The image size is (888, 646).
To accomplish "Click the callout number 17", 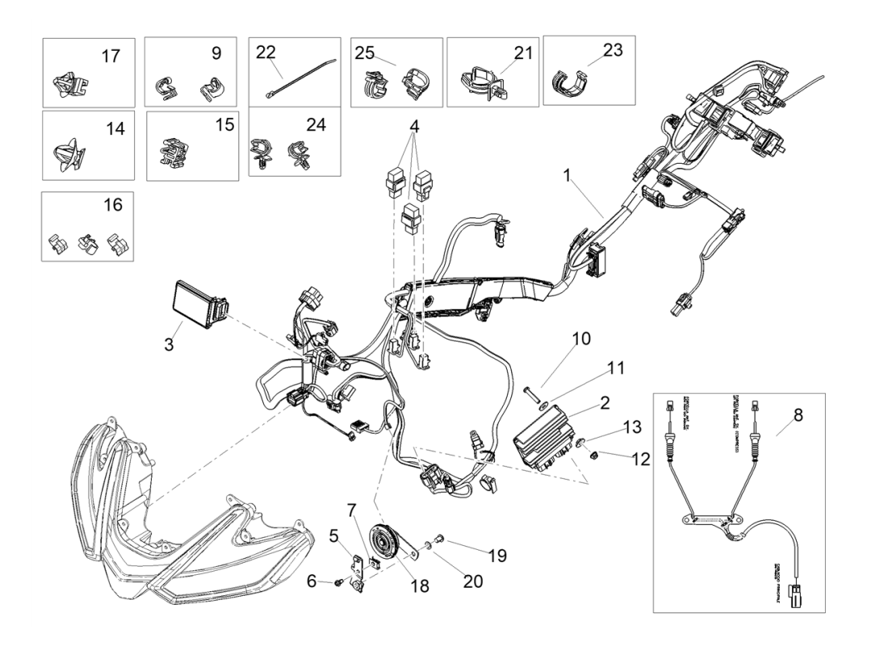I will tap(110, 56).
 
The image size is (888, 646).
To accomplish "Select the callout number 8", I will tap(798, 416).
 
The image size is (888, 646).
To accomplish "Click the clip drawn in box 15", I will tap(174, 155).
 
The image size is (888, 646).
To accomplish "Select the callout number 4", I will tap(413, 127).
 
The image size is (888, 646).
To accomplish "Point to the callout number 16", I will tap(113, 205).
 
